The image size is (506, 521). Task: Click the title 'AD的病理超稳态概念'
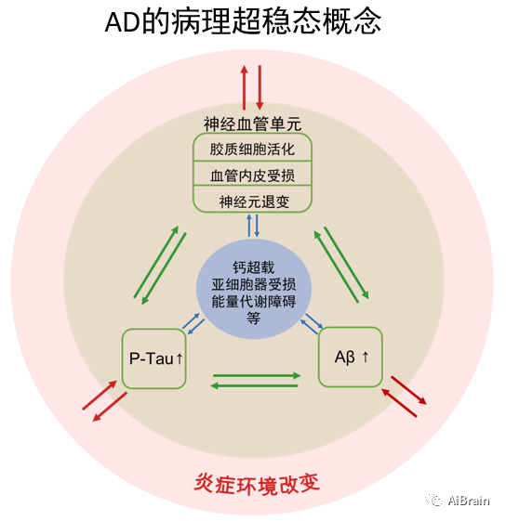243,21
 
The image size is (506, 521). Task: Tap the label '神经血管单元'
252,124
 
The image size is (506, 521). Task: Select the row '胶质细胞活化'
252,150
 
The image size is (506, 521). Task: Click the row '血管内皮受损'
252,176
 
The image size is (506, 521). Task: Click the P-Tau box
153,358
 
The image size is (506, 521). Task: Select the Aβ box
351,357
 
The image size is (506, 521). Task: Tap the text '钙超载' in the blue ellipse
254,267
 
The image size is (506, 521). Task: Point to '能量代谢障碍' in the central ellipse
254,302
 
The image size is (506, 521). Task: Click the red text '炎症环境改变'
257,484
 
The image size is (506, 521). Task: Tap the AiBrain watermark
458,500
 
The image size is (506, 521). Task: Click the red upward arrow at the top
245,87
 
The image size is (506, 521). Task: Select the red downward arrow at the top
260,87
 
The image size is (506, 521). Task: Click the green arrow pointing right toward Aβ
257,376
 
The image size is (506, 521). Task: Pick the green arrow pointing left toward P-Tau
254,385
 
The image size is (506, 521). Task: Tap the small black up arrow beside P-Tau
180,358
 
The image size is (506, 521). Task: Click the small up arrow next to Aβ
366,357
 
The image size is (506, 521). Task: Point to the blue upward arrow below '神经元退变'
249,226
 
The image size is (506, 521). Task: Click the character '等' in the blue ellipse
254,319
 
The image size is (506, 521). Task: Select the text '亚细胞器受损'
254,284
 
